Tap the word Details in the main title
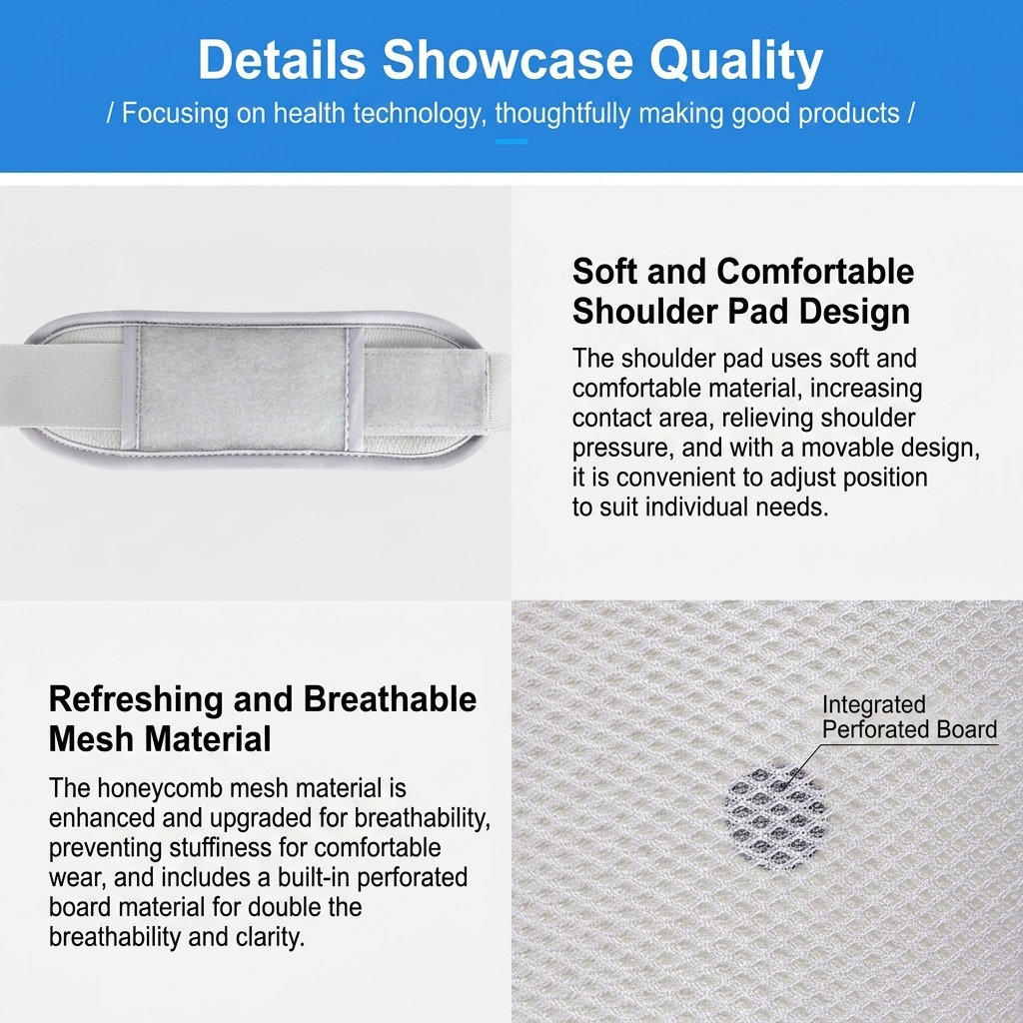pyautogui.click(x=281, y=59)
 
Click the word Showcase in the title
pyautogui.click(x=507, y=59)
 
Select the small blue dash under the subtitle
pyautogui.click(x=511, y=141)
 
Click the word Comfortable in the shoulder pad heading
pyautogui.click(x=815, y=271)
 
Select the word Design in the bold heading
pyautogui.click(x=854, y=312)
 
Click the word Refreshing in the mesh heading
pyautogui.click(x=137, y=700)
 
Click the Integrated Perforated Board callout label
pyautogui.click(x=909, y=716)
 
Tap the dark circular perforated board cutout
pyautogui.click(x=776, y=816)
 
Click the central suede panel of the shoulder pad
pyautogui.click(x=242, y=388)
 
